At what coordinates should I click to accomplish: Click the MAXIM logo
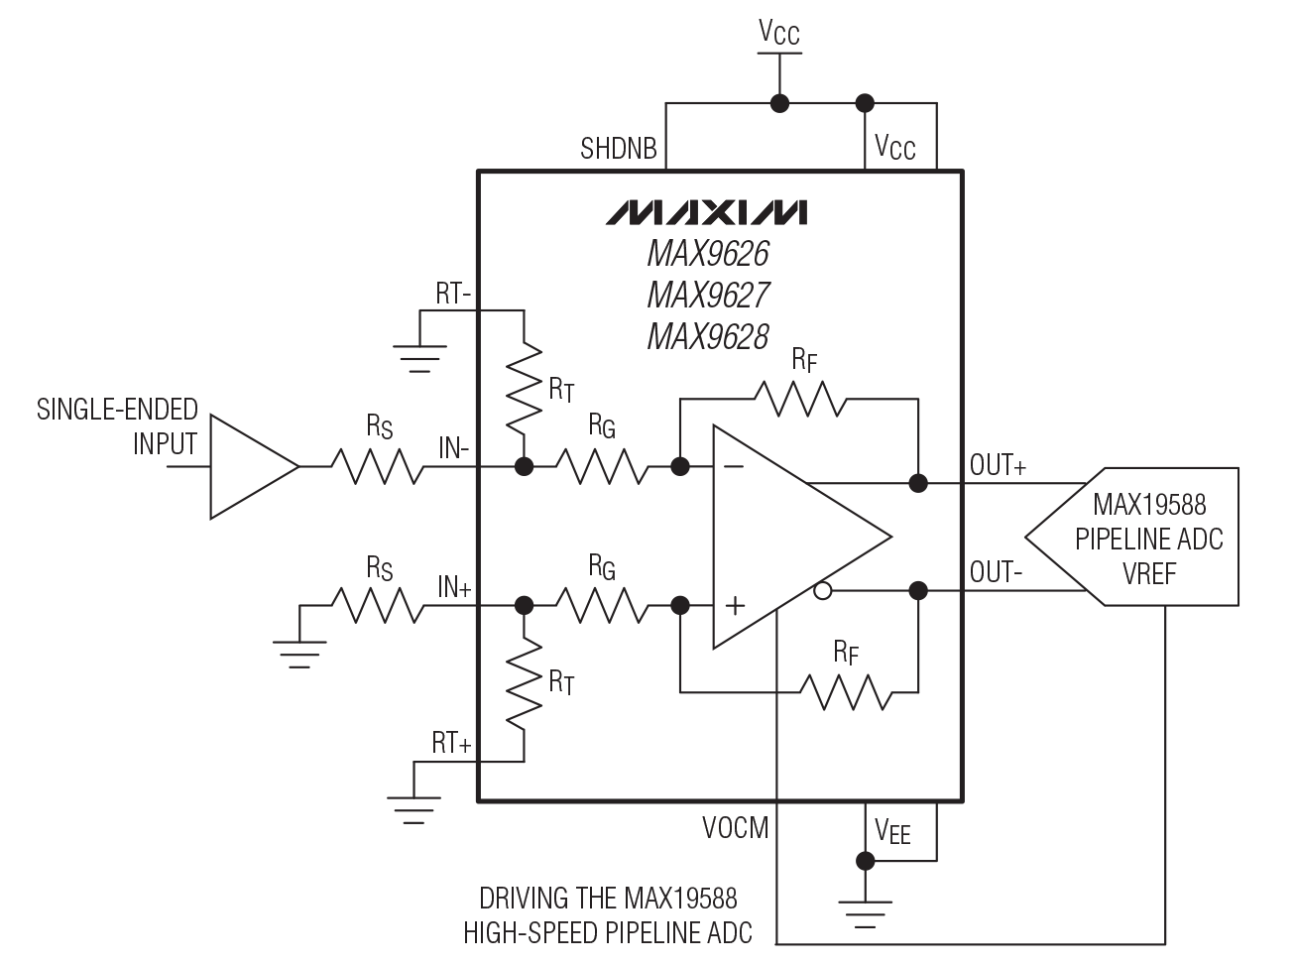point(707,212)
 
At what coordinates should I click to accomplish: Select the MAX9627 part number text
point(708,296)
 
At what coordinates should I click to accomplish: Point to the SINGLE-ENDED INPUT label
point(118,425)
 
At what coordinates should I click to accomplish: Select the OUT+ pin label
point(998,465)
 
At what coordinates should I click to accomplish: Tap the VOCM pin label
point(735,827)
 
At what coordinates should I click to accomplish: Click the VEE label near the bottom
point(892,831)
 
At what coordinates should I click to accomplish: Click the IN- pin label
point(454,447)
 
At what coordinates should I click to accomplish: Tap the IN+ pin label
point(454,586)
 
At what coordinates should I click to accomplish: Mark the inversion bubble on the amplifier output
point(822,592)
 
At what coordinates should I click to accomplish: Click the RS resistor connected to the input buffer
point(377,466)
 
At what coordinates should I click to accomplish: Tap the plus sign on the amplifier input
point(735,605)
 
